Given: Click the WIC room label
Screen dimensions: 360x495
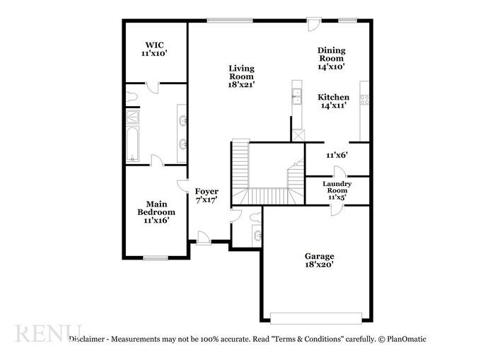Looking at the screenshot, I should click(x=155, y=48).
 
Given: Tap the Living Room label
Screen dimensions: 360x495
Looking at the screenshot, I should click(x=241, y=76).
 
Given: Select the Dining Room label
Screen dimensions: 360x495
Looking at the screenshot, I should click(x=331, y=58).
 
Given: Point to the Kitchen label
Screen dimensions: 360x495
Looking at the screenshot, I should click(x=332, y=101).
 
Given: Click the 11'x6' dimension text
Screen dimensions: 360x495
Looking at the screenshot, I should click(x=337, y=154).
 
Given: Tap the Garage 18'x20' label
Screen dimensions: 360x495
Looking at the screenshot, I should click(x=319, y=260).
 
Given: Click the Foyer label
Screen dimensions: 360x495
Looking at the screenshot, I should click(x=206, y=196).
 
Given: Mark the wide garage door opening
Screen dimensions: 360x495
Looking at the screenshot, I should click(x=319, y=316).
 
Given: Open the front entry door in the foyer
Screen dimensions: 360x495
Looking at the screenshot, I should click(x=203, y=238).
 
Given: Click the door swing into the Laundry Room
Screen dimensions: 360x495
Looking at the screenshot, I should click(x=339, y=171).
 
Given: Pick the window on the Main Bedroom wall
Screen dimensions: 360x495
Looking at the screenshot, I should click(x=156, y=257).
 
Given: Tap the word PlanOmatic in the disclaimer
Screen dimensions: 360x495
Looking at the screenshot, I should click(x=404, y=339).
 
